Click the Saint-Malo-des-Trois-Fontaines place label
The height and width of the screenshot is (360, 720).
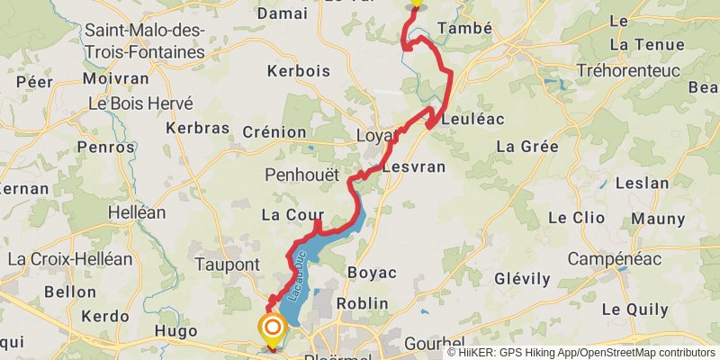point(144,41)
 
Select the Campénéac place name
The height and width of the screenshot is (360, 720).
point(616,259)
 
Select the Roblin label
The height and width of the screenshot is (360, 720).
point(363,303)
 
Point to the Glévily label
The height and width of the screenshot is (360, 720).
point(522,279)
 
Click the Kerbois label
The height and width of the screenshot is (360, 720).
point(299,71)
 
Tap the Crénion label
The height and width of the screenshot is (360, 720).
point(274,132)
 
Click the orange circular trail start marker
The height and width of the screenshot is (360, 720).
point(272,328)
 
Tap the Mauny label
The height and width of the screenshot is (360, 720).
point(658,218)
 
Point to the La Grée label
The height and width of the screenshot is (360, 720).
point(527,146)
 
